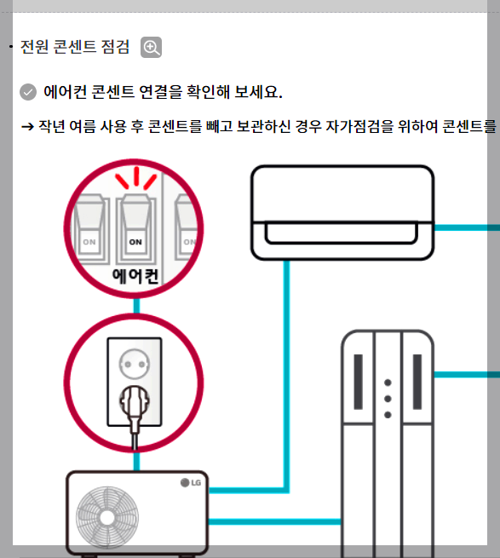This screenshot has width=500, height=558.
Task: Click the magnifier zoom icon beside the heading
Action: coord(152,48)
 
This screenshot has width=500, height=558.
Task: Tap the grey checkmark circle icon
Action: coord(28,92)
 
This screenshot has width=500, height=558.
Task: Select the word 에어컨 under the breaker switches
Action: coord(135,275)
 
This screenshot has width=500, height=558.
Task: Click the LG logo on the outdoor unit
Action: coord(191,483)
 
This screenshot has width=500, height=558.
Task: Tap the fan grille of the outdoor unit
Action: coord(106,515)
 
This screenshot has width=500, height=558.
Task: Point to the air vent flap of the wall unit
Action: coord(342,233)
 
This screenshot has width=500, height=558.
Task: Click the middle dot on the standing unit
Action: coord(388,398)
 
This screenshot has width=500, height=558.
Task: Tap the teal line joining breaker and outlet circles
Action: coord(135,304)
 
